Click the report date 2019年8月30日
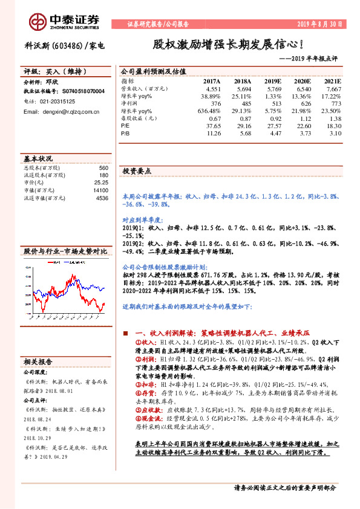click(320, 25)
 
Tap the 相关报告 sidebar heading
click(39, 361)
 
